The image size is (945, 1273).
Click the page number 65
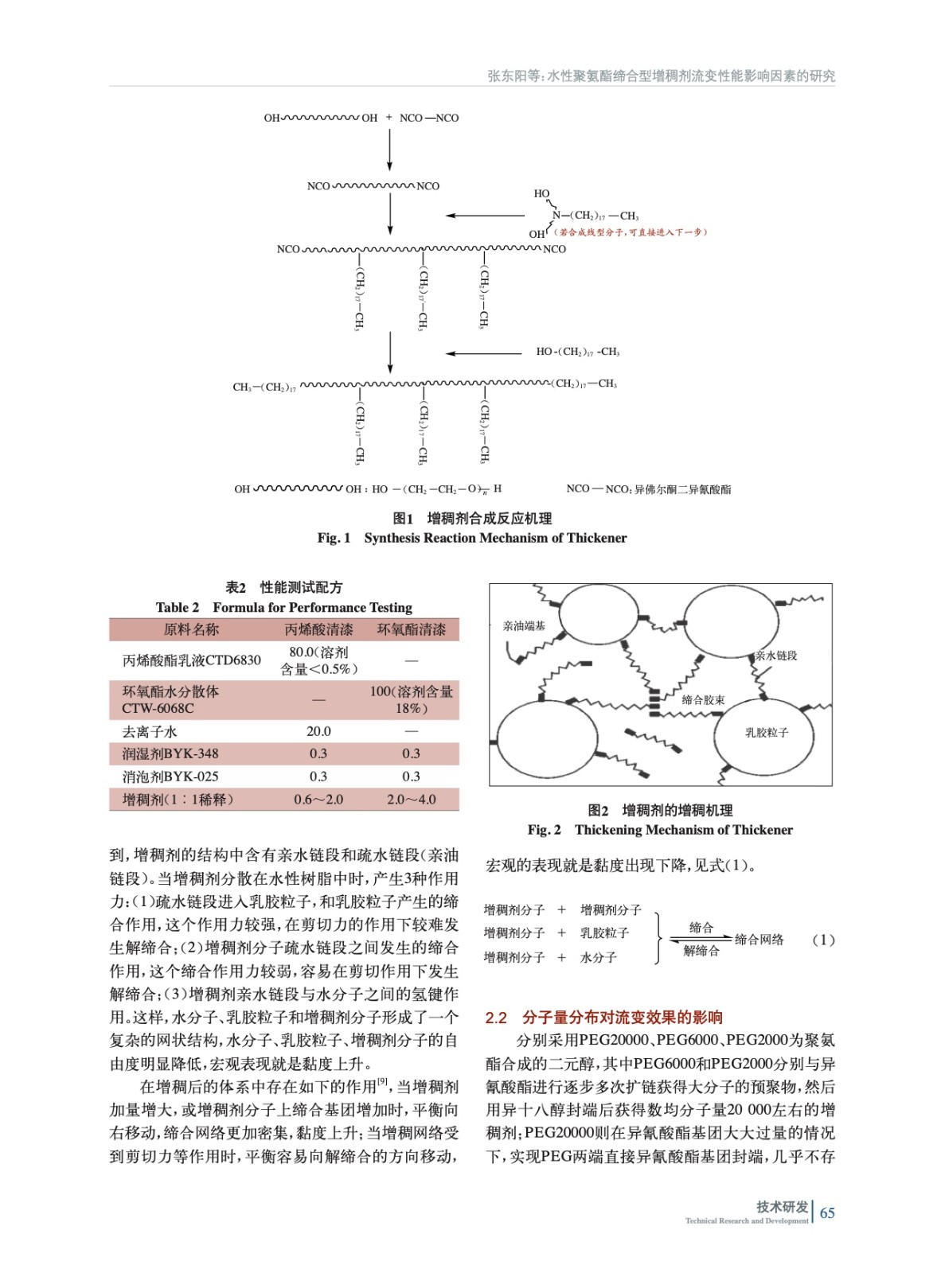point(827,1213)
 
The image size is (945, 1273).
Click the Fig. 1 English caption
point(471,538)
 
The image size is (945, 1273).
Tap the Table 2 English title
point(284,607)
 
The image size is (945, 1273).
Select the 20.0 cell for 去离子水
point(318,731)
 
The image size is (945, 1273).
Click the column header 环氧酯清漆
point(411,629)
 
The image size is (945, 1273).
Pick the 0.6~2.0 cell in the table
point(318,800)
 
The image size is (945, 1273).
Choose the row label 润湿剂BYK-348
point(170,753)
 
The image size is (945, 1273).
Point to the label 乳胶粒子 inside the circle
point(766,732)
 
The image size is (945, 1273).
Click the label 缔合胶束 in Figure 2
point(703,700)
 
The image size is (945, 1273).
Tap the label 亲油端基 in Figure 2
point(524,626)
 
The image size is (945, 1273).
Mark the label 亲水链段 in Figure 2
point(775,656)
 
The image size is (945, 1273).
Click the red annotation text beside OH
point(631,232)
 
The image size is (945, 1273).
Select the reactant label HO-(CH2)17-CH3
point(577,352)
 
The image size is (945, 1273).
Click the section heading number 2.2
point(496,1018)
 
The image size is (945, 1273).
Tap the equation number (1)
point(823,940)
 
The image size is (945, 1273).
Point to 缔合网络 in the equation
point(759,940)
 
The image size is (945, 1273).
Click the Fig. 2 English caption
point(660,830)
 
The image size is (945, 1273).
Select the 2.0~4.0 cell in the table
point(411,800)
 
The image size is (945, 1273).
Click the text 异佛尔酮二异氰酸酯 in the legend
point(682,489)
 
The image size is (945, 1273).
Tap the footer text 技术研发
point(781,1206)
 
